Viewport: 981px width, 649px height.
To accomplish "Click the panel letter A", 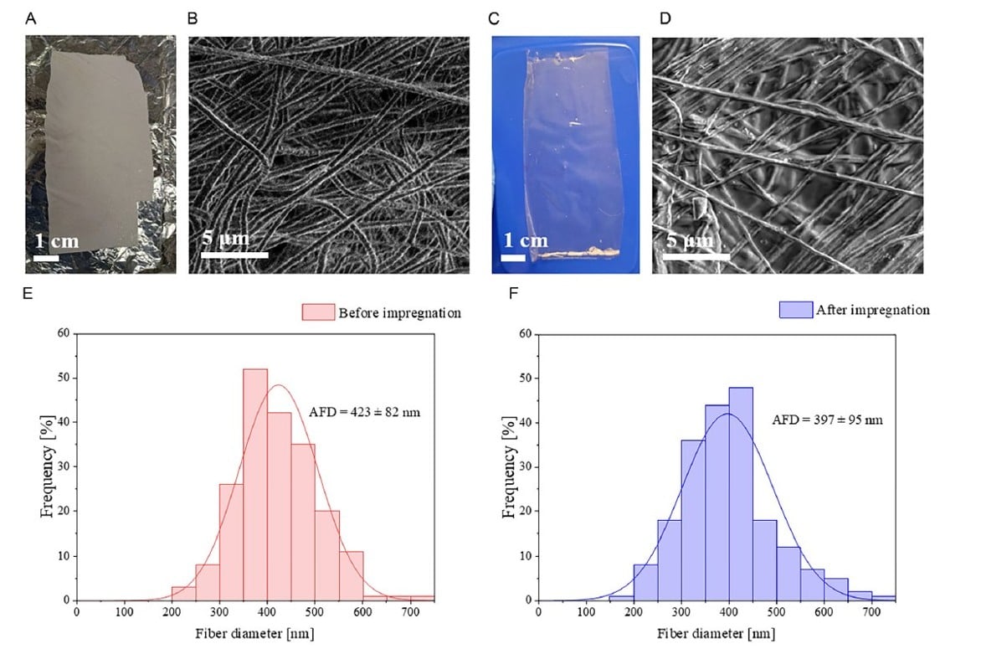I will pos(31,18).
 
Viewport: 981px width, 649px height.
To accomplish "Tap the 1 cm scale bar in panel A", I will pos(45,258).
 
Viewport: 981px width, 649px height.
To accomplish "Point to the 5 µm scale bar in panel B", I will pos(235,255).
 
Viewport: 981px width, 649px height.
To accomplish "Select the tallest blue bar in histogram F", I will pos(741,493).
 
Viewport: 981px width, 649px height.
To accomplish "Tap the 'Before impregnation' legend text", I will pos(399,313).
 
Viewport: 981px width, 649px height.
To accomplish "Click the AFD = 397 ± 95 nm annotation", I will pos(827,418).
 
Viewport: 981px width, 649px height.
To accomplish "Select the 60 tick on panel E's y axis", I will pos(63,333).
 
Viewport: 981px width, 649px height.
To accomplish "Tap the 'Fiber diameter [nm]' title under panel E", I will pos(254,633).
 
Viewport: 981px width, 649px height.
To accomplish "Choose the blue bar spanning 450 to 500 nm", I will pos(764,559).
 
